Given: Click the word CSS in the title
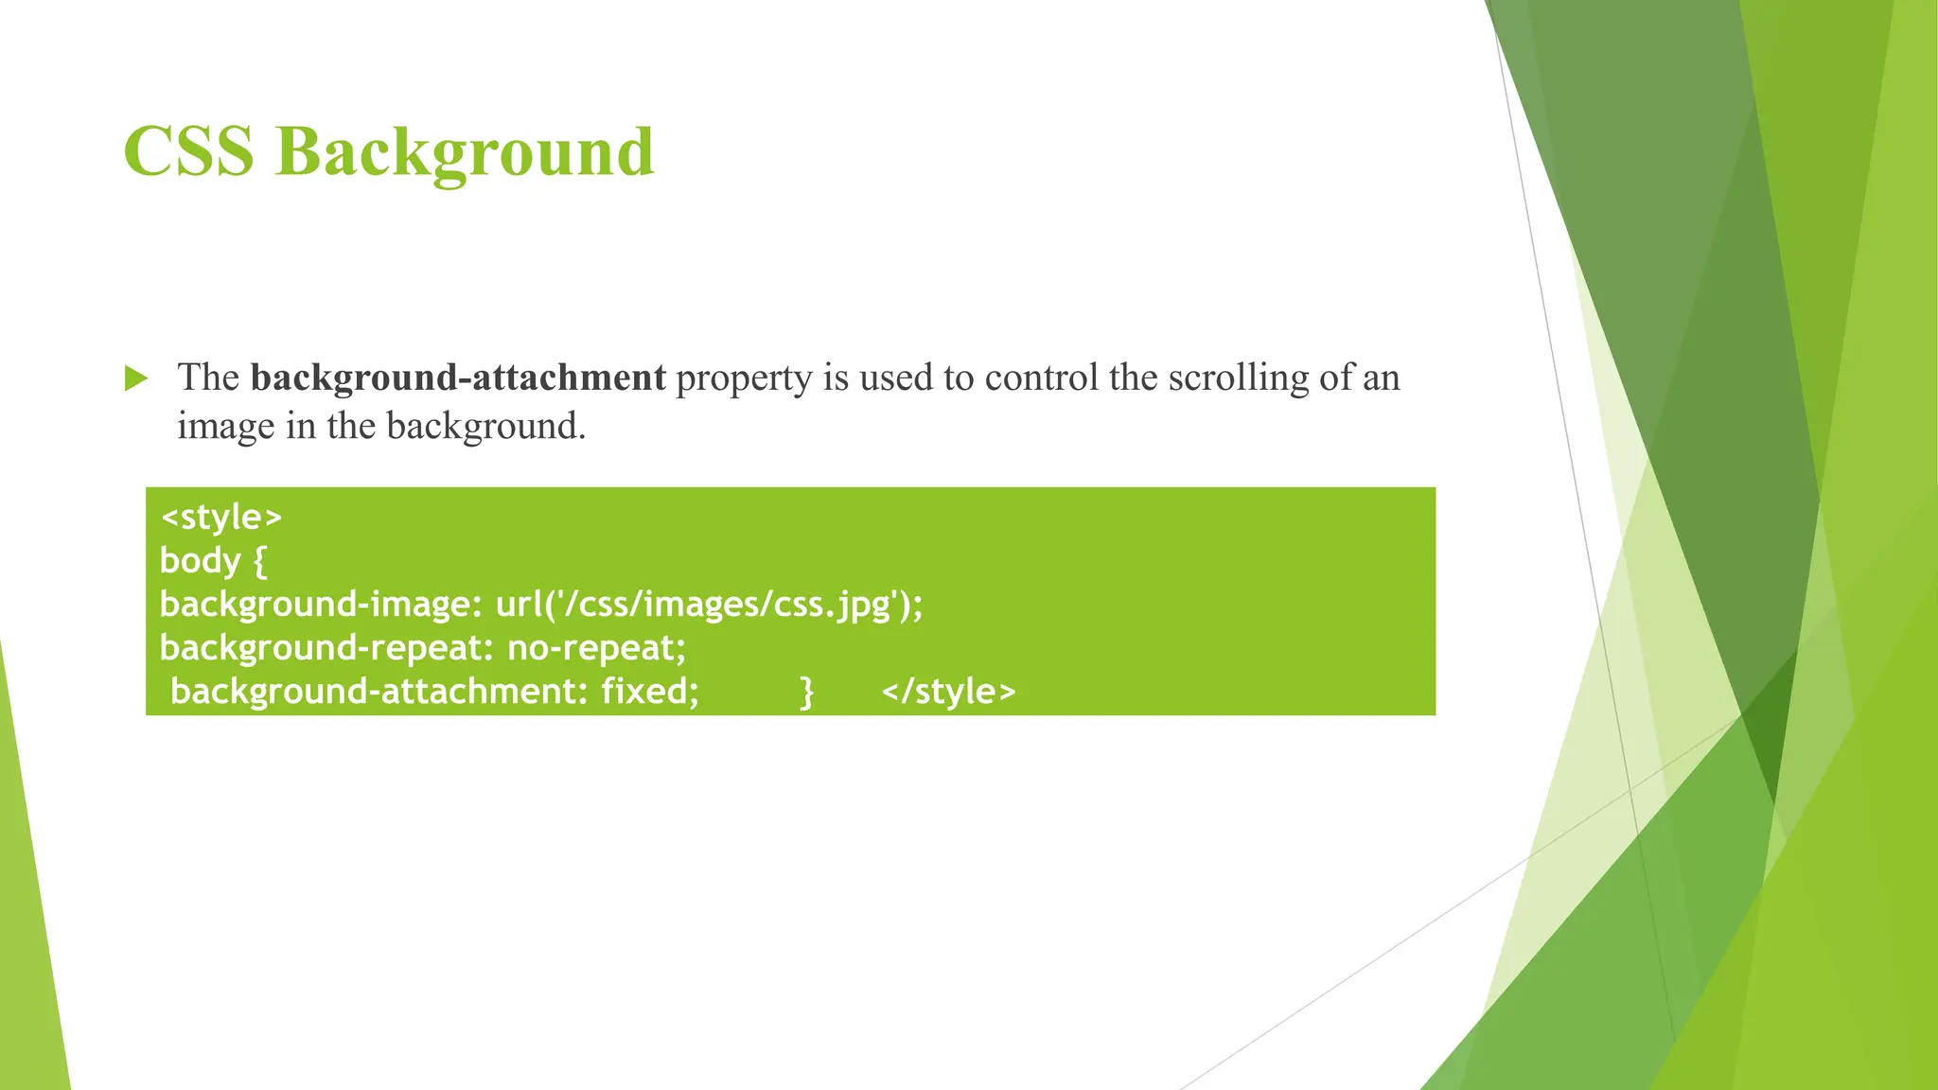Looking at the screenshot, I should coord(188,151).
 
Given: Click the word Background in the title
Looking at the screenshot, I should coord(465,153).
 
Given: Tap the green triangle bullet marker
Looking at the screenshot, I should coord(136,379).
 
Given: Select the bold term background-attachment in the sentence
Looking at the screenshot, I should coord(458,378).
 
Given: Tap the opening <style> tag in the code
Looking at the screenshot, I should coord(221,518).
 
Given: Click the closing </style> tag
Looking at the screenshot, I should coord(948,692).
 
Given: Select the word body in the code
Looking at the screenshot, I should coord(200,561).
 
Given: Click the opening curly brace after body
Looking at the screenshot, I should coord(260,562).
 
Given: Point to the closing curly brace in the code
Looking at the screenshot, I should coord(806,693).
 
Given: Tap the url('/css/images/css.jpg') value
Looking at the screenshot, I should coord(708,605).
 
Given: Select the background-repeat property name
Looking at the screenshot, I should coord(322,648).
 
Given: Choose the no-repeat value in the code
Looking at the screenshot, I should coord(596,648).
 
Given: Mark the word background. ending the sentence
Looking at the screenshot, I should coord(486,428).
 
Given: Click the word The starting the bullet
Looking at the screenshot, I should coord(208,378).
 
